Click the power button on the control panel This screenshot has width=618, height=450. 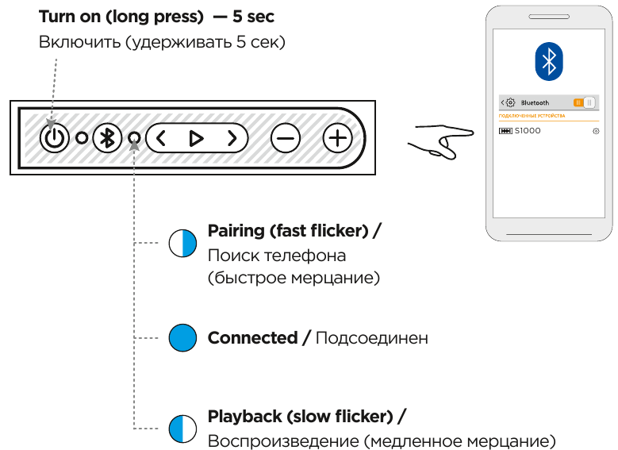54,138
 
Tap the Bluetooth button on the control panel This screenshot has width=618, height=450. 108,138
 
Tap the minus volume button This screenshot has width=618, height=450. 286,138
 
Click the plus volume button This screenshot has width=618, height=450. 338,138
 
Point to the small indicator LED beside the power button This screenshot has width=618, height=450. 82,138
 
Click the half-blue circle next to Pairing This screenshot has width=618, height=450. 182,243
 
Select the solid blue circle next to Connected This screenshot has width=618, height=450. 182,338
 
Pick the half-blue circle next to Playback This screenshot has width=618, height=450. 182,429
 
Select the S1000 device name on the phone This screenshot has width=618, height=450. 528,130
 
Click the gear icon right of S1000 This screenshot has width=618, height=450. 595,130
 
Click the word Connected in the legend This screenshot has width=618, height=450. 252,338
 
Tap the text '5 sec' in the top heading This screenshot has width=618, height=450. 253,16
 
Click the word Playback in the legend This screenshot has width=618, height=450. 243,416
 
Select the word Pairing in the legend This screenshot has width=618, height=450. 236,231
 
